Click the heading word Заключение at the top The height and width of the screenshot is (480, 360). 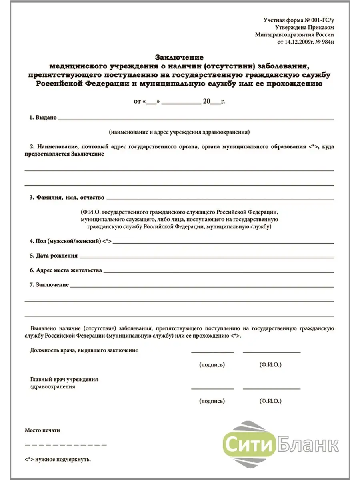(179, 57)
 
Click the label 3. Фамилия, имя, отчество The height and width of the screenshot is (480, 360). (67, 197)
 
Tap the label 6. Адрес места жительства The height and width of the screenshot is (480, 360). (66, 270)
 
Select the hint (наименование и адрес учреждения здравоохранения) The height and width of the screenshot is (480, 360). (180, 132)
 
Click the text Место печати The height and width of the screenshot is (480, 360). (42, 430)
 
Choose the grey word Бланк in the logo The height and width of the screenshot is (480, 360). (307, 444)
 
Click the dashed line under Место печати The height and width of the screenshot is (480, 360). (66, 445)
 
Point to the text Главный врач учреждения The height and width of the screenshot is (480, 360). (64, 379)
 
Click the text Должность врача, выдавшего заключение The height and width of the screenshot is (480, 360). (84, 350)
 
